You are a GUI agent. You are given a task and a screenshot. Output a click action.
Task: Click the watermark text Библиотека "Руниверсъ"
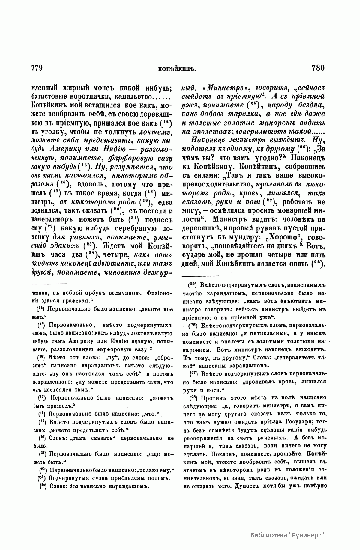click(x=287, y=535)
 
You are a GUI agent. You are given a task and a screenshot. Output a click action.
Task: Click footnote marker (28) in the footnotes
click(x=192, y=398)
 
